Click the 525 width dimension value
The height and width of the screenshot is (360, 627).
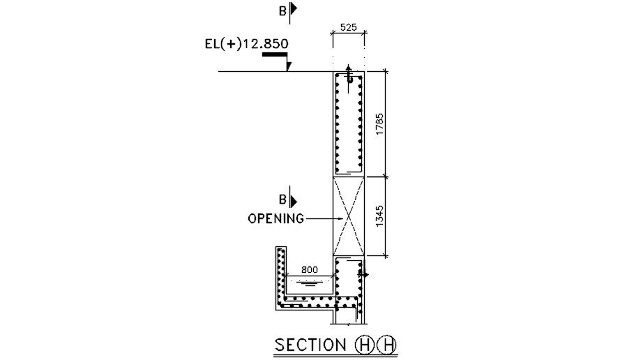click(348, 27)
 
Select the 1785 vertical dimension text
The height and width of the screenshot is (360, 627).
click(379, 124)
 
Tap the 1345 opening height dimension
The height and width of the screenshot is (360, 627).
click(379, 216)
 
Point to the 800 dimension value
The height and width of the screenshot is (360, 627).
click(310, 270)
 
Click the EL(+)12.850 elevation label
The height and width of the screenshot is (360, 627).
click(247, 43)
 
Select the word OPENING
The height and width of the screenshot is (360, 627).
click(276, 219)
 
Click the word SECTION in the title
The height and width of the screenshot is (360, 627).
click(310, 345)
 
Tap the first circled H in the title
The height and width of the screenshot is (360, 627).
click(364, 345)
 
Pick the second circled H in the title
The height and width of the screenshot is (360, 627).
click(387, 345)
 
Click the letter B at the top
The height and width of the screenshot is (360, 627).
click(282, 11)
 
